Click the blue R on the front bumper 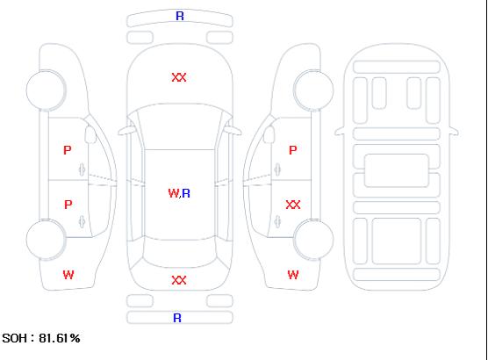coord(180,16)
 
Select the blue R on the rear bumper coord(177,318)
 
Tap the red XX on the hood coord(179,77)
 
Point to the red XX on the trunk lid coord(179,280)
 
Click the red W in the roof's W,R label coord(174,193)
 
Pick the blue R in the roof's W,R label coord(186,193)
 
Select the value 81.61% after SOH coord(60,338)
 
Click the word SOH coord(14,338)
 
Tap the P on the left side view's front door coord(68,150)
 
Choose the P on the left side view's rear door coord(68,205)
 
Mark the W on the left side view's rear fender coord(68,275)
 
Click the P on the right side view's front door coord(293,150)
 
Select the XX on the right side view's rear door coord(293,205)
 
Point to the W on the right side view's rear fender coord(293,275)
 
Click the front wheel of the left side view coord(46,90)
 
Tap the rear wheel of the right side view coord(313,240)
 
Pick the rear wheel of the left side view coord(46,240)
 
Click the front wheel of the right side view coord(313,90)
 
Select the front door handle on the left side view coord(83,169)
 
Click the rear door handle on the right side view coord(277,221)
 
